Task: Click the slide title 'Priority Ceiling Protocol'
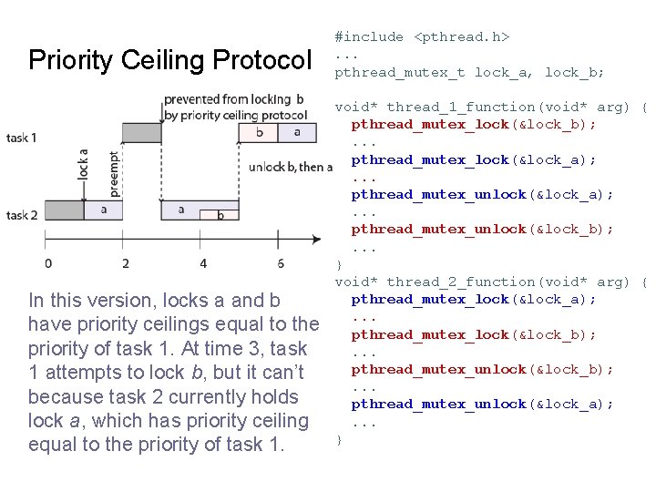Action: (169, 61)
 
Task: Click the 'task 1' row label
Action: (22, 138)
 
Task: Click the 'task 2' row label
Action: (22, 215)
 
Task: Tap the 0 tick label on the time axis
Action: (47, 263)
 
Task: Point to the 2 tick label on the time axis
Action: (125, 263)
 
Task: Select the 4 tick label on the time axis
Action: (203, 263)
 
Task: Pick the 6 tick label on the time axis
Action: (281, 263)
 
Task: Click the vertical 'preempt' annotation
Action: (113, 173)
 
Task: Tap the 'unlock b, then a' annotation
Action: (291, 167)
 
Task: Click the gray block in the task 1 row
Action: (140, 133)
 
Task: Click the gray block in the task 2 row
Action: (64, 210)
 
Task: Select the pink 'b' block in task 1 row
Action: (260, 133)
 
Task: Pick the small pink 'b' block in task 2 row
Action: (220, 215)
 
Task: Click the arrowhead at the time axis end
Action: (316, 240)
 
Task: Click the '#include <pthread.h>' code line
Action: (422, 37)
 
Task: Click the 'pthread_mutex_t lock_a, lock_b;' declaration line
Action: (469, 72)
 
